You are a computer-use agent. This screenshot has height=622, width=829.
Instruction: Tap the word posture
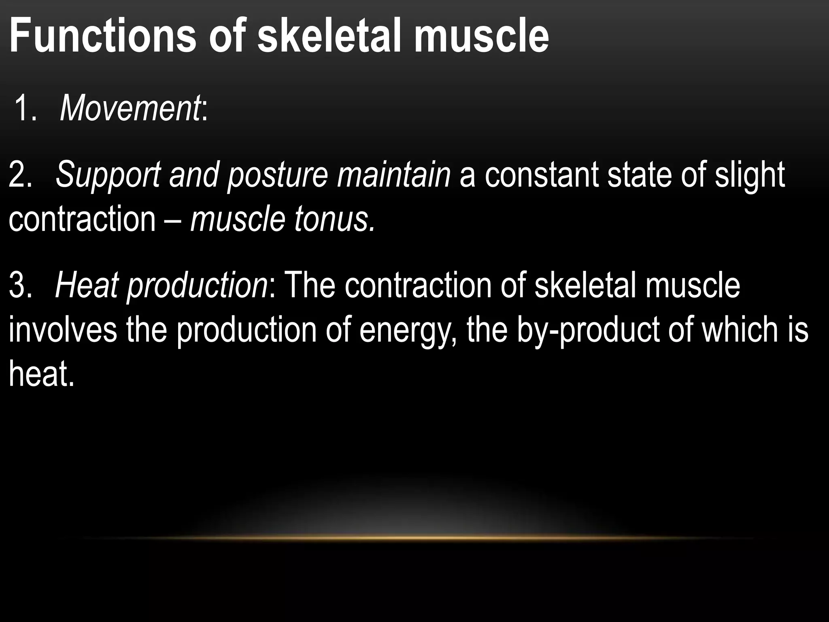click(x=277, y=175)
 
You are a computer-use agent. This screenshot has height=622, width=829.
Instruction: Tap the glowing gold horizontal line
click(x=417, y=538)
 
